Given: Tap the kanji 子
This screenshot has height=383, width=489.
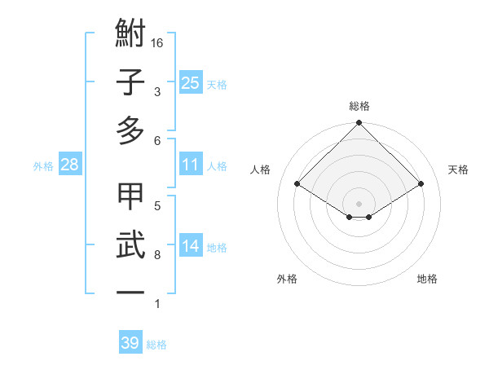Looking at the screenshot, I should (131, 82).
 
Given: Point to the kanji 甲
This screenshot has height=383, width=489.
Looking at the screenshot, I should (131, 198).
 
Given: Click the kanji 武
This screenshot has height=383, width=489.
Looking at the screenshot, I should (131, 244).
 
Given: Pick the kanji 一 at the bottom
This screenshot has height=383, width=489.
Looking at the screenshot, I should (131, 291).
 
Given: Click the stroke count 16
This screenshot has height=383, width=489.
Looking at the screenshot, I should (159, 42).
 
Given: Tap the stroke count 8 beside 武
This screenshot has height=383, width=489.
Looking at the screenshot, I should (156, 255).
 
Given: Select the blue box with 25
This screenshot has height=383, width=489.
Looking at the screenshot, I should (191, 83).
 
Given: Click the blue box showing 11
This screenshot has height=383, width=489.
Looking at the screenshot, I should (191, 165).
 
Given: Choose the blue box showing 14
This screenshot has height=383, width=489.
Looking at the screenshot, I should (191, 246).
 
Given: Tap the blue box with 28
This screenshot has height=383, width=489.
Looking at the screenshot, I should (70, 165).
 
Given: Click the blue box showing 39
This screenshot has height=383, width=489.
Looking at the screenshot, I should (130, 343).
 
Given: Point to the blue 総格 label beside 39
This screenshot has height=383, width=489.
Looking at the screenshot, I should (156, 345).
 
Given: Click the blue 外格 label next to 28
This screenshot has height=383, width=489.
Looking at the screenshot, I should (43, 166).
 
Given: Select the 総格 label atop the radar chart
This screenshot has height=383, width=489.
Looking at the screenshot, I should (359, 106).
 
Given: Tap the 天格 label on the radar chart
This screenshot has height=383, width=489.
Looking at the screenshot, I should (459, 169).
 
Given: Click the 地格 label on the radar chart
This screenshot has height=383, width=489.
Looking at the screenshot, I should (427, 279).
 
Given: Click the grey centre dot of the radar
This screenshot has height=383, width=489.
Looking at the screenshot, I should (359, 203).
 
